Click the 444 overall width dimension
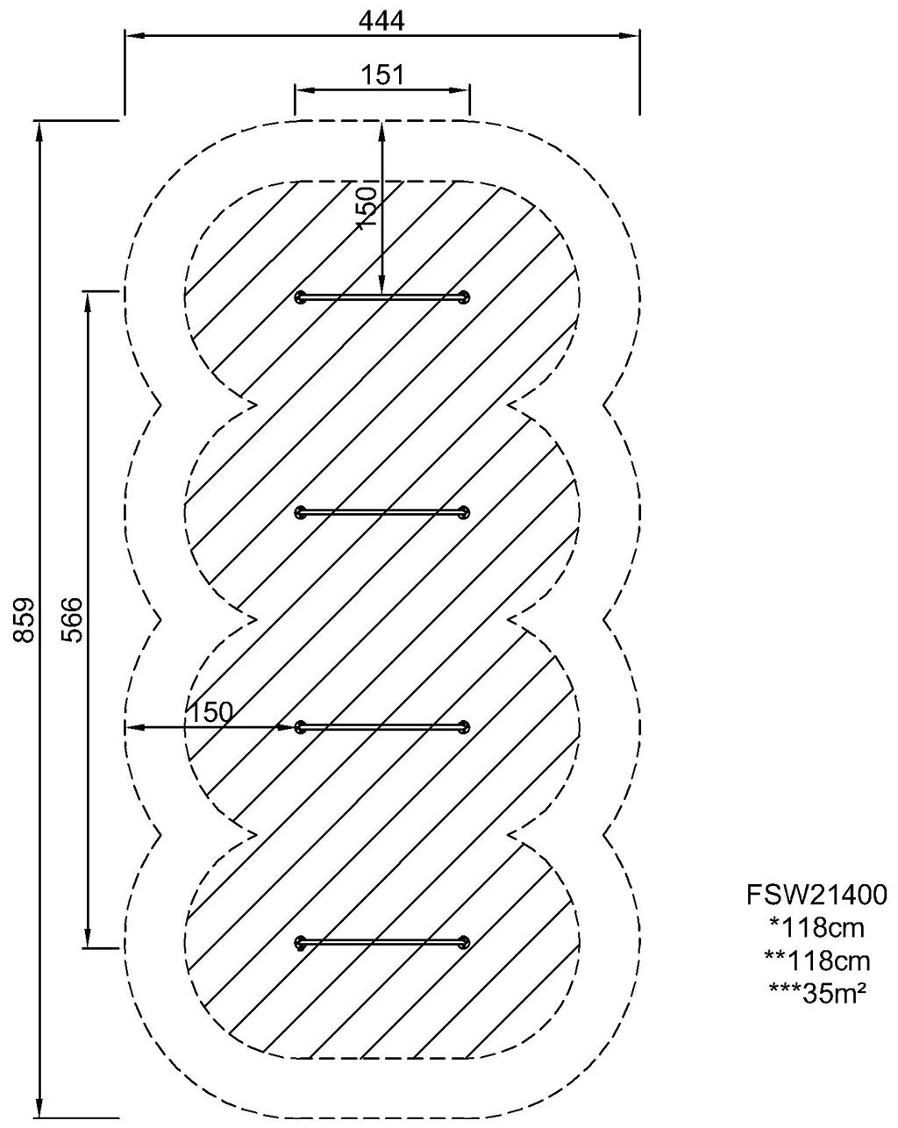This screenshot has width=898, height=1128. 382,21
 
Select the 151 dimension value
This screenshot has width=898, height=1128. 382,75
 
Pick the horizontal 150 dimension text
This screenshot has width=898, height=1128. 210,712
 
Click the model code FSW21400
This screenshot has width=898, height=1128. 816,895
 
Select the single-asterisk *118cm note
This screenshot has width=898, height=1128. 816,927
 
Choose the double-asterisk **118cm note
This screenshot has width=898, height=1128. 816,960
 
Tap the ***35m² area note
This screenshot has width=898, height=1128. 816,991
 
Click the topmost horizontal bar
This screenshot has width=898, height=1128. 382,297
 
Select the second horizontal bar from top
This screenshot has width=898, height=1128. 382,511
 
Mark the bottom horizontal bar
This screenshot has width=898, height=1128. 382,943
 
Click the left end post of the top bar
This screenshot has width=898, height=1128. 303,297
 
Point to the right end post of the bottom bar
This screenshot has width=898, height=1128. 462,943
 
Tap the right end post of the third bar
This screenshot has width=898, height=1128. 463,727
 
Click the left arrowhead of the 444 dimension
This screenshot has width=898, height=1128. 132,36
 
